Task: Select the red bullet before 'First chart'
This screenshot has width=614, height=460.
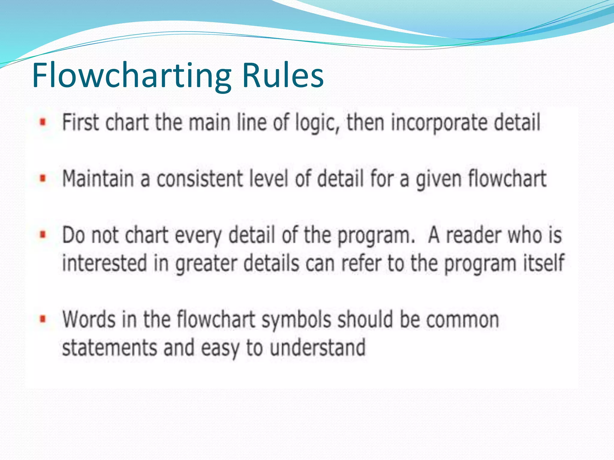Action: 43,122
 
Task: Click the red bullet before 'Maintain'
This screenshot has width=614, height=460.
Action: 43,178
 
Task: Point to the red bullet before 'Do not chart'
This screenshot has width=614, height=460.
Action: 43,234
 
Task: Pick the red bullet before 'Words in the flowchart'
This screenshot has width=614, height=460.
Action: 43,319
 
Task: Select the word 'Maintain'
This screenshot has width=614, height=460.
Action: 98,178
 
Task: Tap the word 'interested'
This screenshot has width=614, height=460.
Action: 105,263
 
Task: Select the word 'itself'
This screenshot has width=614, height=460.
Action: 544,263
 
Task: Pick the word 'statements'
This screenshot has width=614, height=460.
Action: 110,347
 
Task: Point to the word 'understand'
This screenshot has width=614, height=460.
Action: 317,347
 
